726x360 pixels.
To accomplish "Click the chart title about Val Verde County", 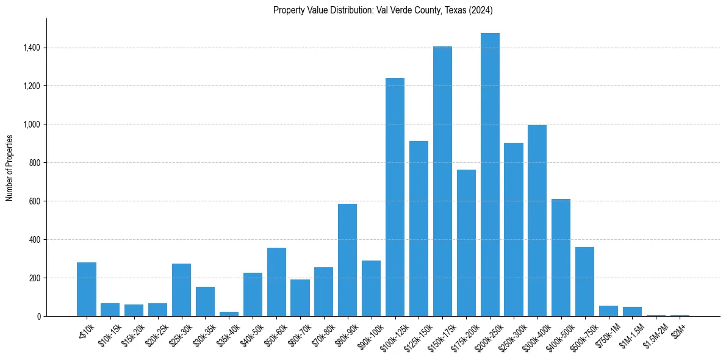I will coord(383,10).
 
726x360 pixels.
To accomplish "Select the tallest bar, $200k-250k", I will coord(490,175).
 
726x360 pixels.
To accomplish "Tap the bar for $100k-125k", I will coord(395,197).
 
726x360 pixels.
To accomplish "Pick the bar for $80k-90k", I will coord(347,260).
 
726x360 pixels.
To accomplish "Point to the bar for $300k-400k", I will coord(537,220).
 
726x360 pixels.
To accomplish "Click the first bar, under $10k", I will coord(87,289).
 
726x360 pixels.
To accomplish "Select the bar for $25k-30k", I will coord(181,290).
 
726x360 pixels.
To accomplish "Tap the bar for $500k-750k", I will coord(584,281).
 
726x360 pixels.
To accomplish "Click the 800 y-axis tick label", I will coord(34,163).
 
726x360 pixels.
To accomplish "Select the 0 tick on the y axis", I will coord(38,316).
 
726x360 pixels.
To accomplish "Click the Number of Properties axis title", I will coord(10,168).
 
